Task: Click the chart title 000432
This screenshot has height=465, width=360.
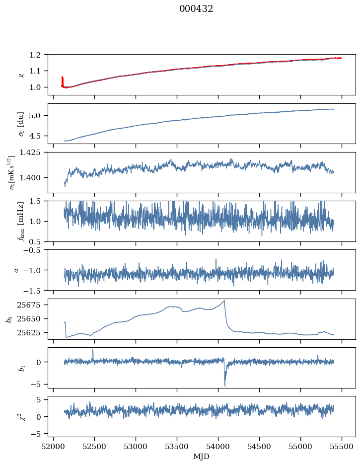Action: (x=196, y=9)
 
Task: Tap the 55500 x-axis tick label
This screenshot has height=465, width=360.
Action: (x=342, y=447)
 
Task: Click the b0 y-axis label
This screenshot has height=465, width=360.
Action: (x=9, y=318)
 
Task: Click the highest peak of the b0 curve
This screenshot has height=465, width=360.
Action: (x=224, y=301)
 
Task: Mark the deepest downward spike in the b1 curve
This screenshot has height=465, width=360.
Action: (x=224, y=386)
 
